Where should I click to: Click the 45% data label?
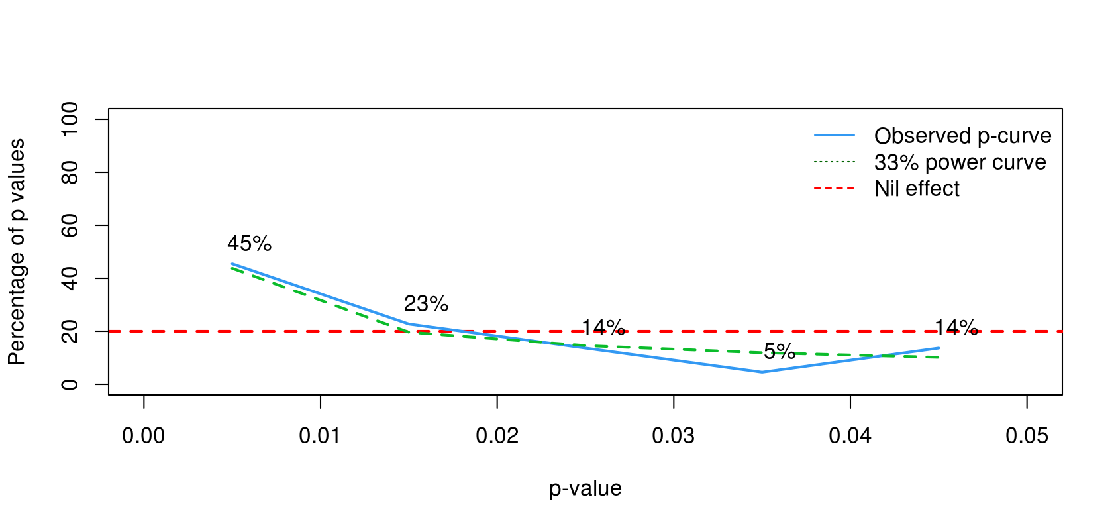249,244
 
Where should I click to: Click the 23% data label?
426,304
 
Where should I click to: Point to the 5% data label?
779,351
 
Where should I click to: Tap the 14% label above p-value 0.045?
956,327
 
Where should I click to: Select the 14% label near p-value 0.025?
603,327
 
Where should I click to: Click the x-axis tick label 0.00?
144,435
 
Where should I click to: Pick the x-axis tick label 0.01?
321,435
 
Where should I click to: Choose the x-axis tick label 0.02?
497,435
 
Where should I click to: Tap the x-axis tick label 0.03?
674,435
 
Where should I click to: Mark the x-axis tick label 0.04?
850,435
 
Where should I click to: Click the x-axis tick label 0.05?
1027,435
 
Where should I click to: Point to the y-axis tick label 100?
70,119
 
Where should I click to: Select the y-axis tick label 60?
70,225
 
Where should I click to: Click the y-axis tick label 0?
70,384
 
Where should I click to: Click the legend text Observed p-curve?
962,136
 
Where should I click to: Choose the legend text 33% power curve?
960,162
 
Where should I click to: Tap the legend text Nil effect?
917,189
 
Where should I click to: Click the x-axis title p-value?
585,488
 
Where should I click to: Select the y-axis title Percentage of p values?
17,252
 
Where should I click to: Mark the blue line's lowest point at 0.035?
762,372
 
